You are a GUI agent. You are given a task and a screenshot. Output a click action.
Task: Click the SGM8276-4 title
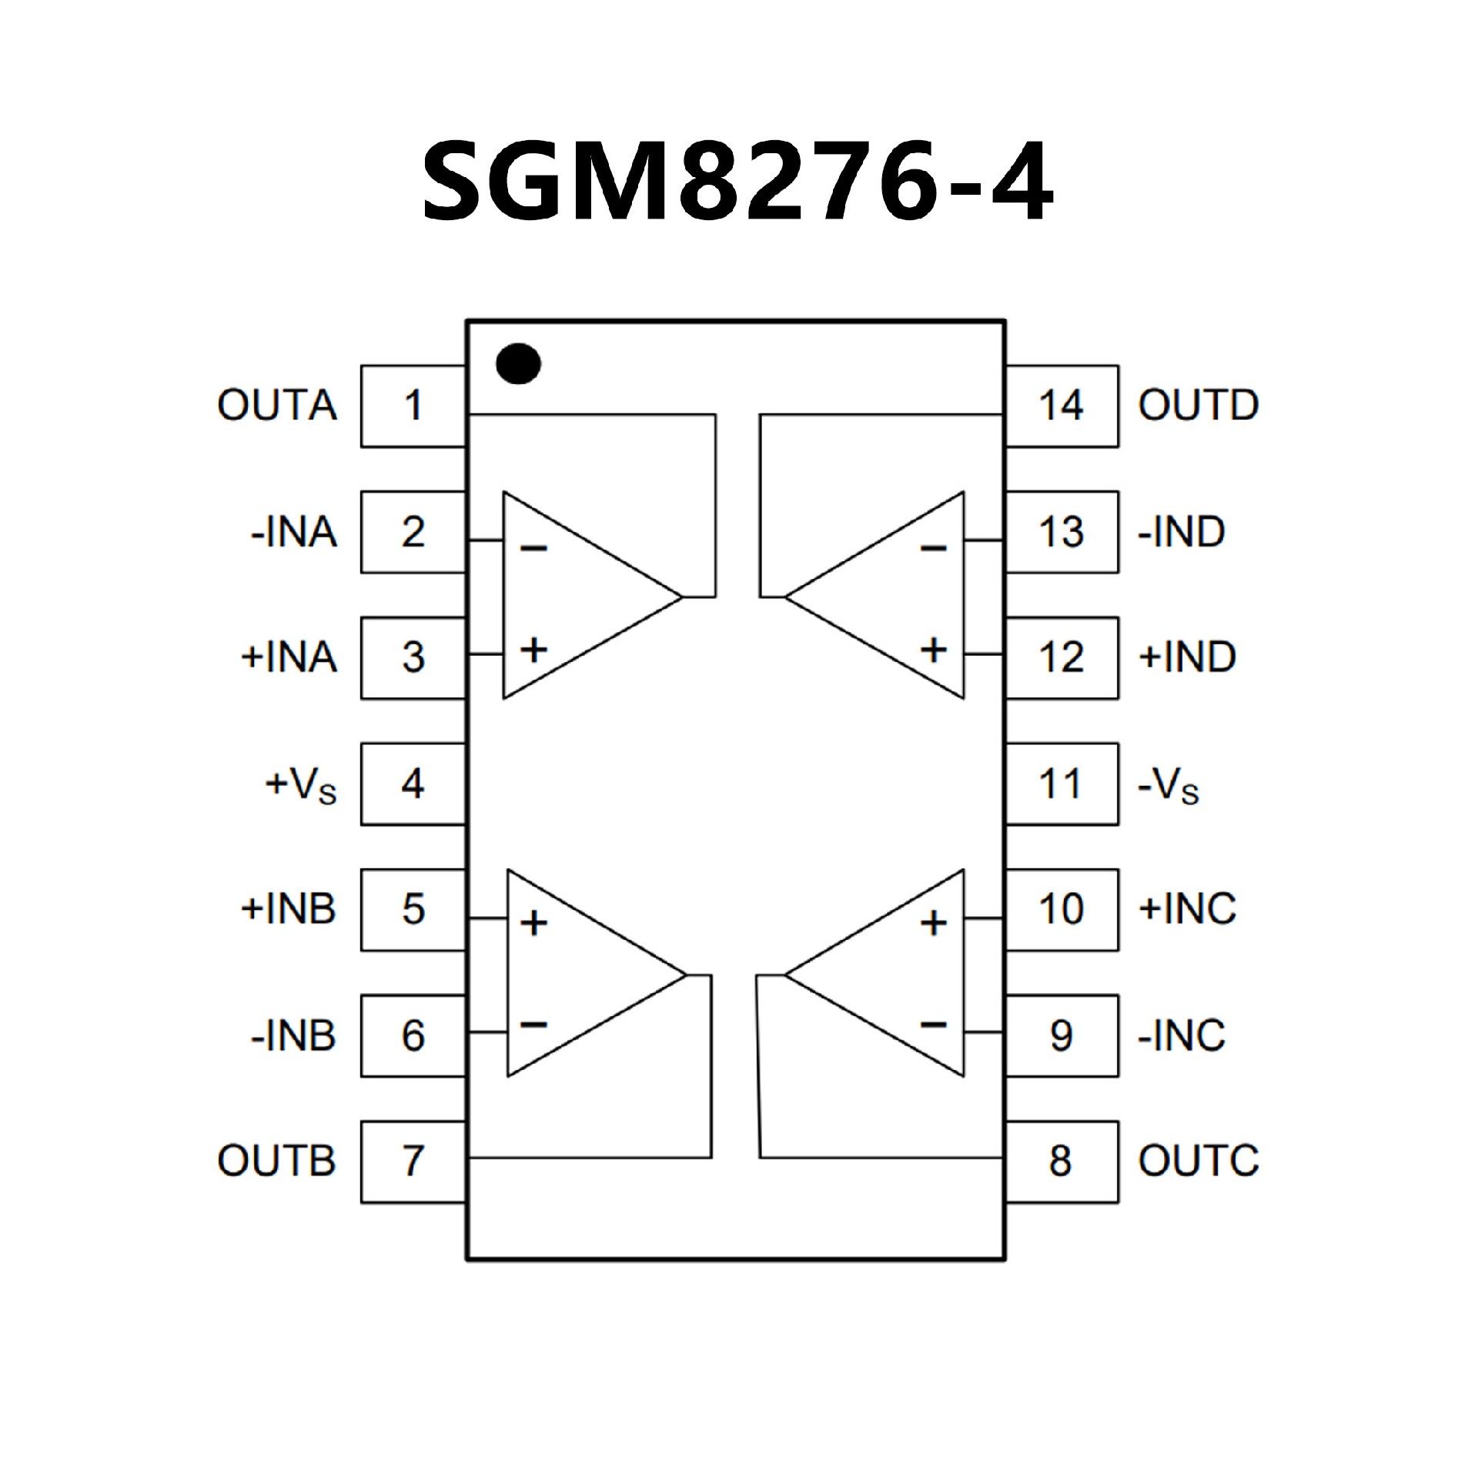(737, 182)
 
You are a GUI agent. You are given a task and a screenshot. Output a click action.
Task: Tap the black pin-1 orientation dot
(518, 363)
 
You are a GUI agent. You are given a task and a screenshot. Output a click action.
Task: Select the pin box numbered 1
(413, 406)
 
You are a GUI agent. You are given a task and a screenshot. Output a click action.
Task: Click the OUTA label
(277, 406)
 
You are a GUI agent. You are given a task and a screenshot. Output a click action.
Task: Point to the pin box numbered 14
(1062, 406)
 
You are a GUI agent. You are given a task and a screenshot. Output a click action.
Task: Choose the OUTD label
(1198, 406)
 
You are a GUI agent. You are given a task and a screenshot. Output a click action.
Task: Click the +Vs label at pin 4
(301, 785)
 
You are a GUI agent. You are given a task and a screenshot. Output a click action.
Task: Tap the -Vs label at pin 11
(1168, 785)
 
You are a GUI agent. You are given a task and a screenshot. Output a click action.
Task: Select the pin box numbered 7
(413, 1162)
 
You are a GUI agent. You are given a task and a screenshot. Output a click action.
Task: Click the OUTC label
(1198, 1162)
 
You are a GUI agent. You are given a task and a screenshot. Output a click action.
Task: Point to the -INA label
(294, 532)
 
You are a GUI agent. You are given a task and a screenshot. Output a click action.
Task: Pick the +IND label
(1187, 657)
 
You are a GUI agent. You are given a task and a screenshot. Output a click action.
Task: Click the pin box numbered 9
(1062, 1036)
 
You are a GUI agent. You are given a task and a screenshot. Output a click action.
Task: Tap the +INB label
(289, 910)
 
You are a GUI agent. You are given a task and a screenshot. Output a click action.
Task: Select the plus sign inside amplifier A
(533, 650)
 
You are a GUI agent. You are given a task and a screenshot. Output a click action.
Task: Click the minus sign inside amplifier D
(934, 548)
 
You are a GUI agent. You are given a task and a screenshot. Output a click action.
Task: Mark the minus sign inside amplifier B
(533, 1024)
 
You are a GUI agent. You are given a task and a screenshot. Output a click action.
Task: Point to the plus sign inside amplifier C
(934, 922)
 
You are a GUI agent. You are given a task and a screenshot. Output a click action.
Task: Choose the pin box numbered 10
(1062, 910)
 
